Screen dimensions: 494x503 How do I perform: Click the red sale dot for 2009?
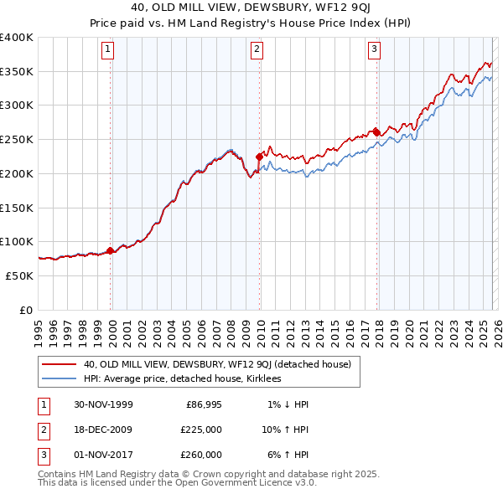pyautogui.click(x=259, y=156)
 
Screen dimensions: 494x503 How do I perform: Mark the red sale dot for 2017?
pyautogui.click(x=376, y=132)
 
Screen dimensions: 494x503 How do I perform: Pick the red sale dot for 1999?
pyautogui.click(x=111, y=250)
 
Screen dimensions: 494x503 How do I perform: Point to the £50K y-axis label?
pyautogui.click(x=20, y=275)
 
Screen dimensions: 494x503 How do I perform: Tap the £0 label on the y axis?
pyautogui.click(x=26, y=310)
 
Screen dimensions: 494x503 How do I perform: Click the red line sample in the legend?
pyautogui.click(x=60, y=364)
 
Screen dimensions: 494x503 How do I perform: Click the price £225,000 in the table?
pyautogui.click(x=201, y=430)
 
